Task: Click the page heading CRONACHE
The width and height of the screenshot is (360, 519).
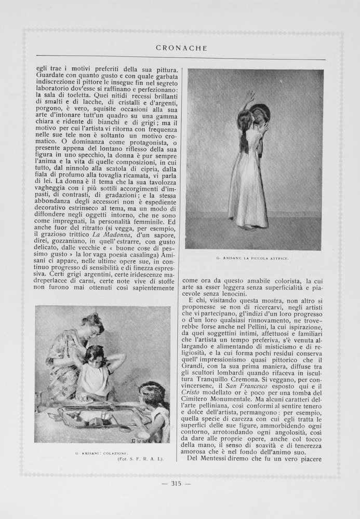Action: pyautogui.click(x=181, y=48)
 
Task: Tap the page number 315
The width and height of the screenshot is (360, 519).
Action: pyautogui.click(x=180, y=484)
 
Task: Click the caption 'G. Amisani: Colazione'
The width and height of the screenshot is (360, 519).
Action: pyautogui.click(x=101, y=453)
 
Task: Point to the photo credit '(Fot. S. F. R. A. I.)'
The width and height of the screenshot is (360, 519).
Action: pyautogui.click(x=140, y=459)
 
